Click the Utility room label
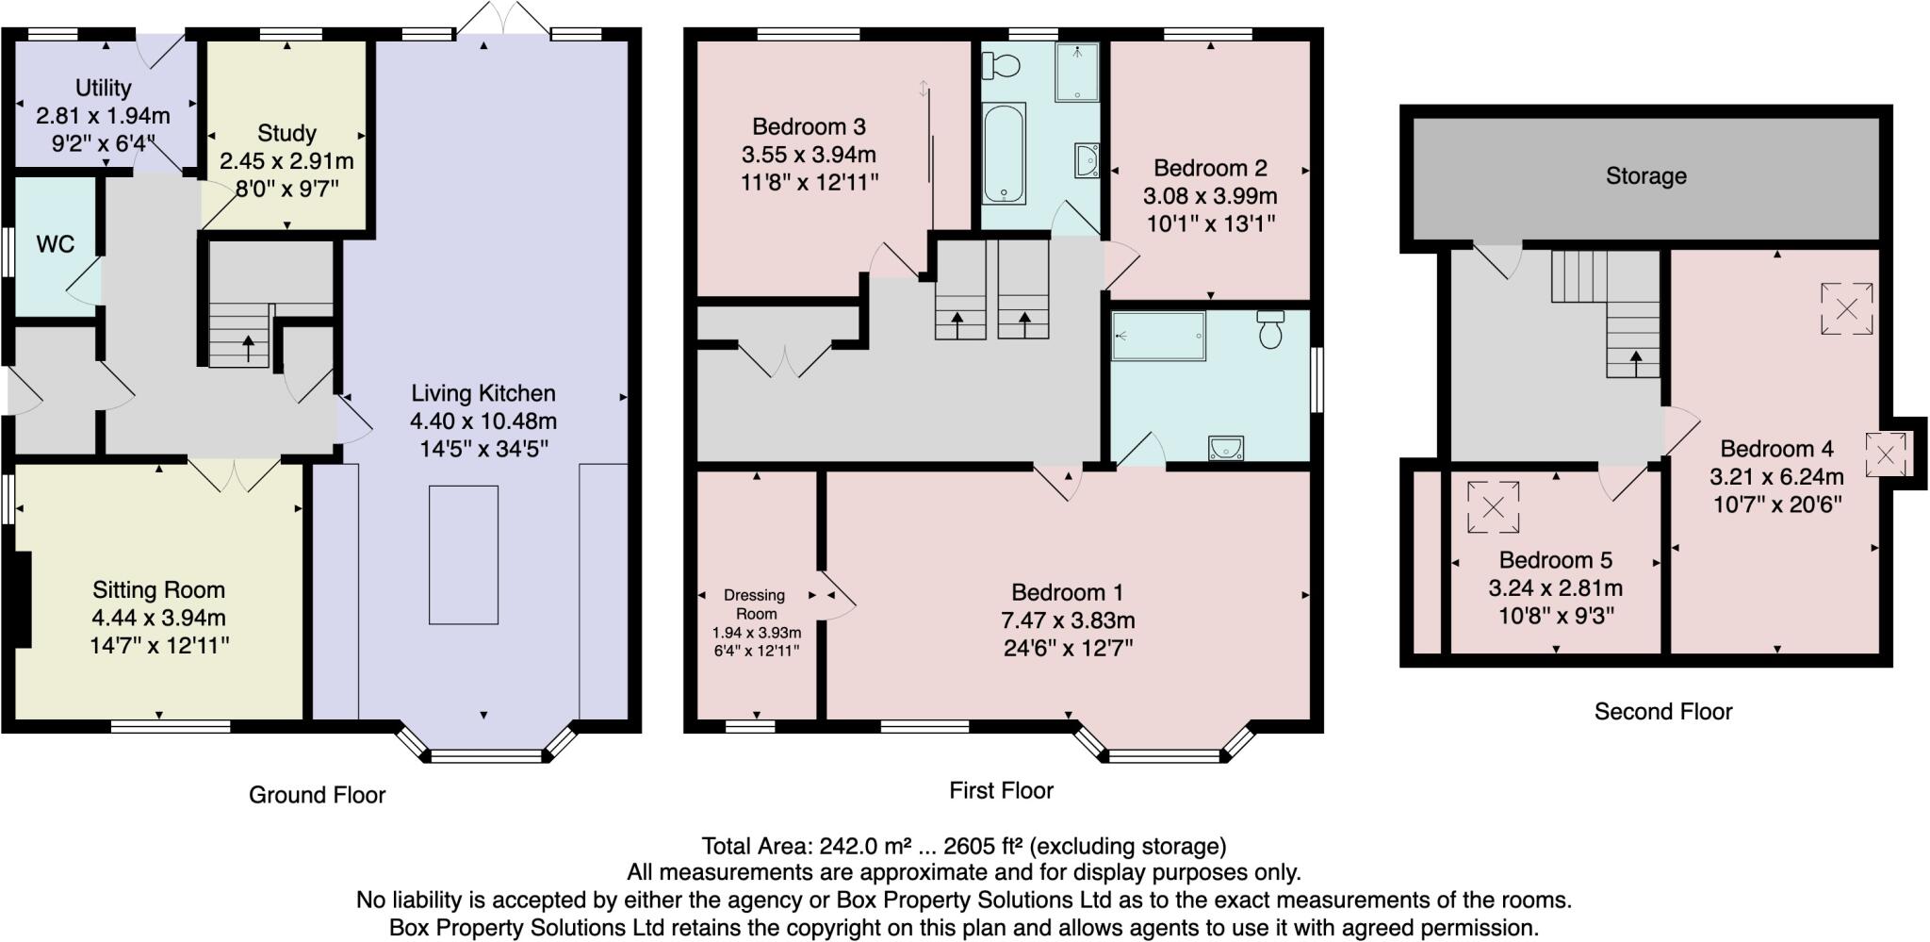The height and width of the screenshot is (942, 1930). [x=103, y=88]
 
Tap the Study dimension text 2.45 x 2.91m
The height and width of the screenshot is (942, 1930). [x=286, y=161]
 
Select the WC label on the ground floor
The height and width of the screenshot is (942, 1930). [x=55, y=244]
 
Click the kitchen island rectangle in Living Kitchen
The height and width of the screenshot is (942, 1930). [x=464, y=554]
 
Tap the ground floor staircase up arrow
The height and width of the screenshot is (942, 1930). [x=249, y=348]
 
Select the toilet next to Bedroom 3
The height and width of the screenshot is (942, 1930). [x=1001, y=65]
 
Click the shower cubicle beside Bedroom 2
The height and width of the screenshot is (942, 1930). [x=1077, y=72]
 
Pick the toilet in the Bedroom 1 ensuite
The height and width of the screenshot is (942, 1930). [x=1270, y=329]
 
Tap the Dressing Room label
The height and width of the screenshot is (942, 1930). [x=756, y=603]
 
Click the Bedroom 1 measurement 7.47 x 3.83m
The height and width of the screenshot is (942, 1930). [x=1067, y=620]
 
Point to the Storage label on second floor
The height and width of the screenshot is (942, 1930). [x=1645, y=176]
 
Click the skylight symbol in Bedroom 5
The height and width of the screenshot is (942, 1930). [x=1493, y=507]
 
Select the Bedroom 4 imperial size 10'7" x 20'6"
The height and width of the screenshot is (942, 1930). [x=1776, y=504]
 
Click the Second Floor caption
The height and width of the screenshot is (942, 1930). [x=1662, y=712]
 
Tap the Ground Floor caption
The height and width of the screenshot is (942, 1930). [x=317, y=795]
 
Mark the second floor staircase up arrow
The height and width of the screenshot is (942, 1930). [x=1635, y=360]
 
